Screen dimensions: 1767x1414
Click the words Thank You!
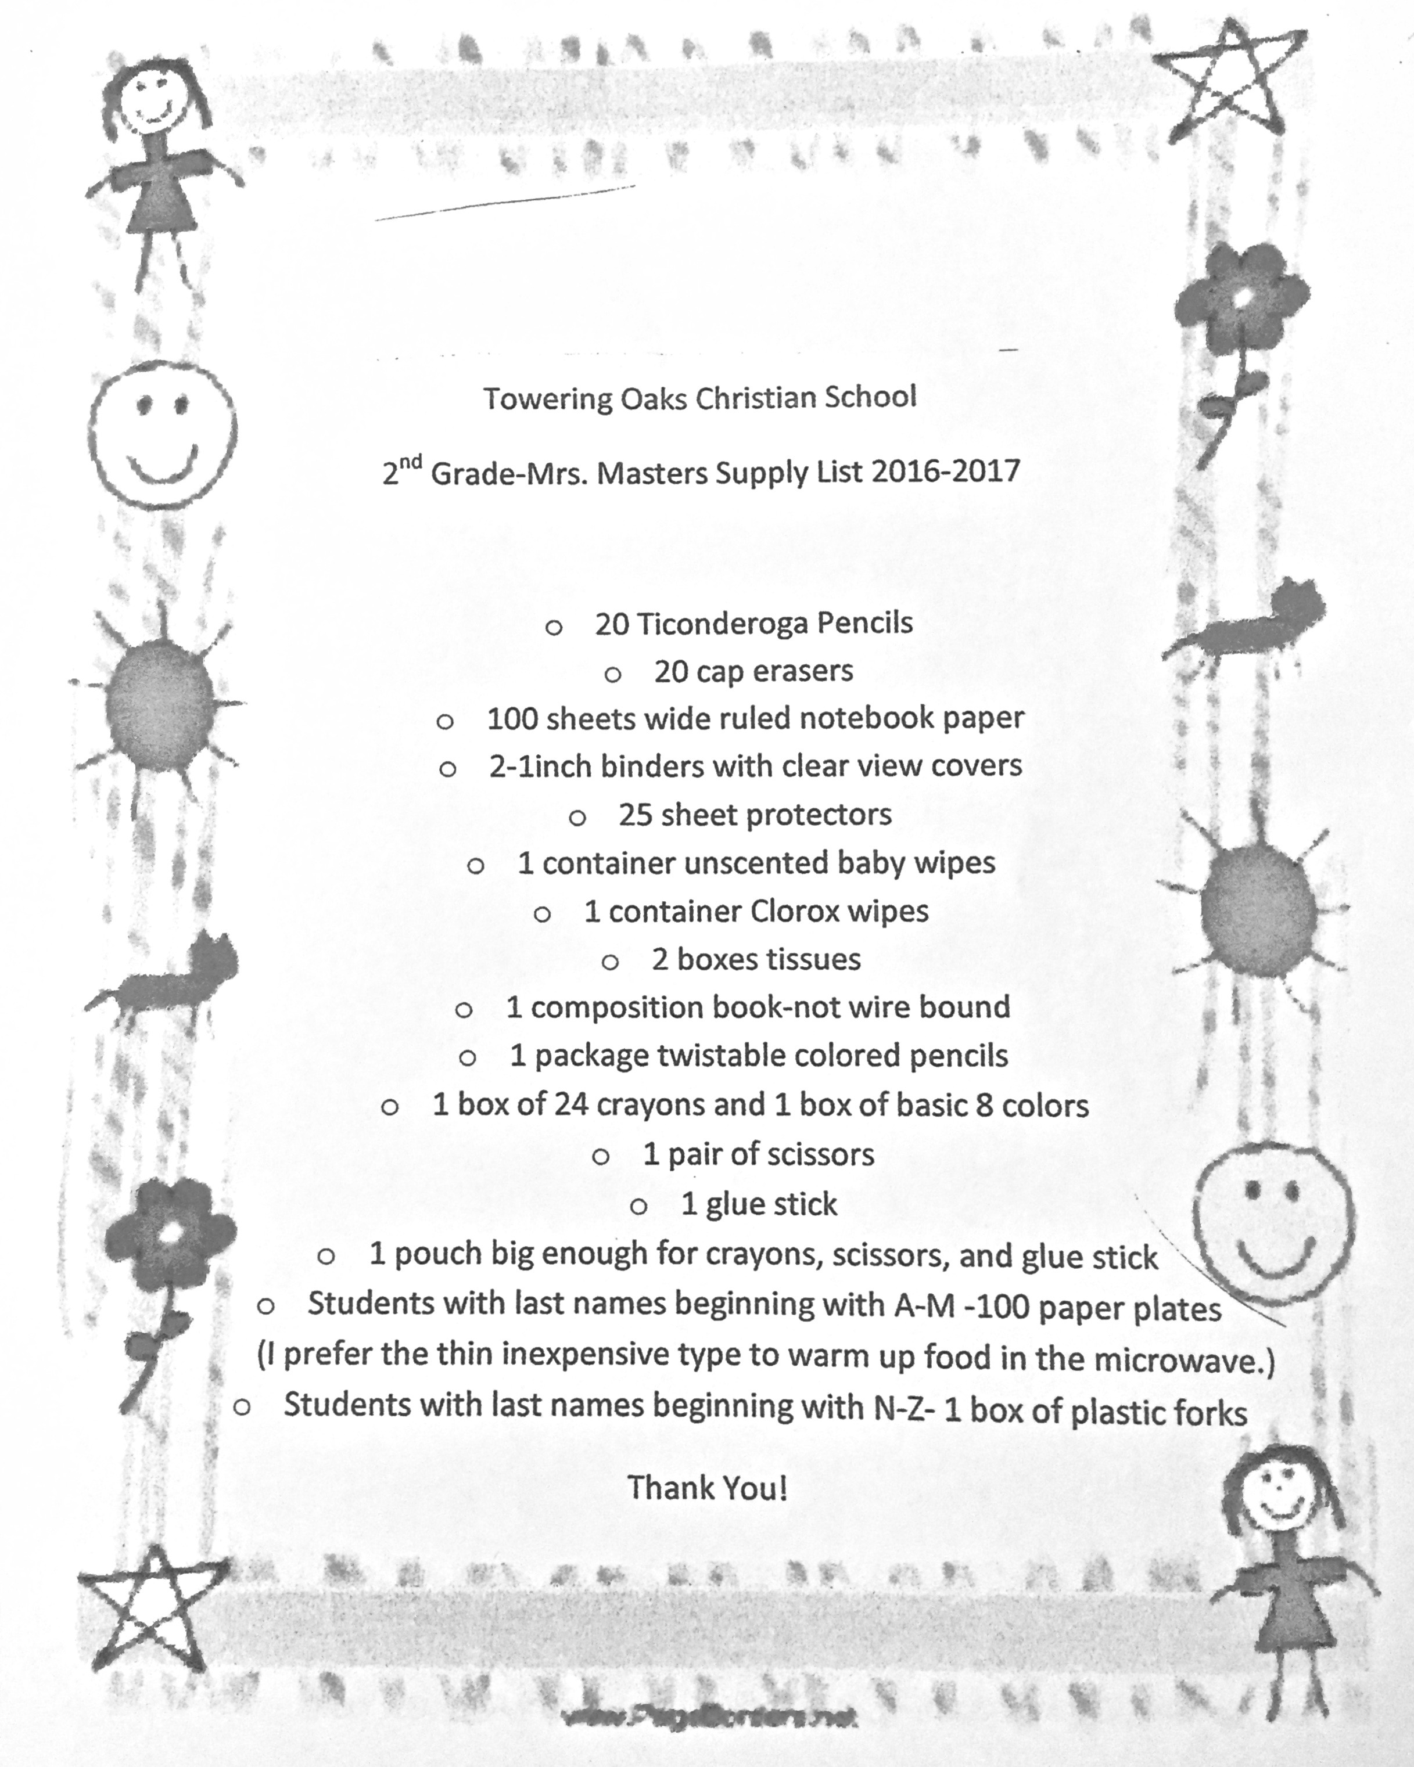[708, 1488]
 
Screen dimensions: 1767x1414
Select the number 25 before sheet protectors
[636, 815]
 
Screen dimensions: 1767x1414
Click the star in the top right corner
[1226, 82]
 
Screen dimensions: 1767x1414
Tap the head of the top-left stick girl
[153, 98]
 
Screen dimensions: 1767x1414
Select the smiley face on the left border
[162, 431]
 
